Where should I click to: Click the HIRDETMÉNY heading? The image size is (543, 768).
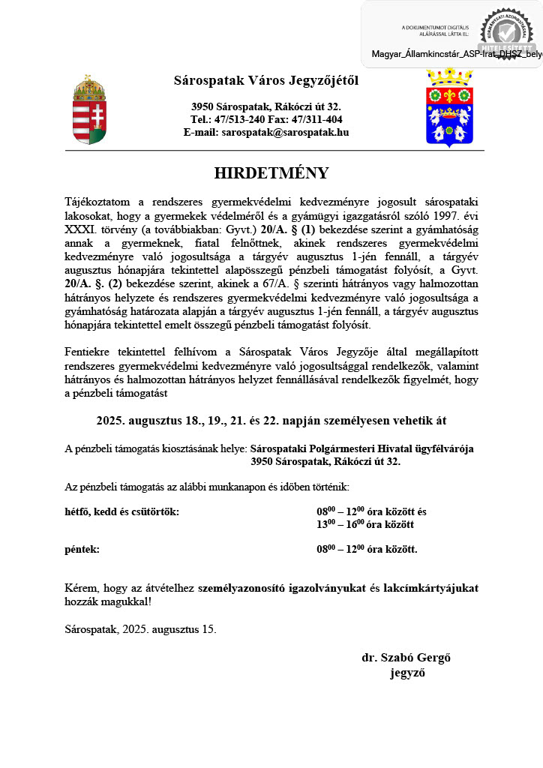(x=271, y=173)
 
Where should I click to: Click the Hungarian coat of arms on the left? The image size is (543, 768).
(x=89, y=110)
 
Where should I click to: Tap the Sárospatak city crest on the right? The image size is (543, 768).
(x=449, y=107)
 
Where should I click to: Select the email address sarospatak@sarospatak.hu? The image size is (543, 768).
(x=285, y=132)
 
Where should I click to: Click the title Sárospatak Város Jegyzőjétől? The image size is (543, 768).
(x=266, y=80)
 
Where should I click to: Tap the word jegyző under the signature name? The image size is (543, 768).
(x=407, y=673)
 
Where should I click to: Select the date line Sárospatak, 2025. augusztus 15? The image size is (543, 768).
(x=140, y=628)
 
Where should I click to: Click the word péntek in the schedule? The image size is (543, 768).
(x=82, y=549)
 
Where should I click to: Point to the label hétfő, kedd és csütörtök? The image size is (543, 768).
(x=122, y=511)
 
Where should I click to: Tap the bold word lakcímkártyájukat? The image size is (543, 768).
(x=430, y=588)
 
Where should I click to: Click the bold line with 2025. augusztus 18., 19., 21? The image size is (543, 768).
(x=271, y=421)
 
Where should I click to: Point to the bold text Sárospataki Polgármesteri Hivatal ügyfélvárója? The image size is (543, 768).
(x=361, y=448)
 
